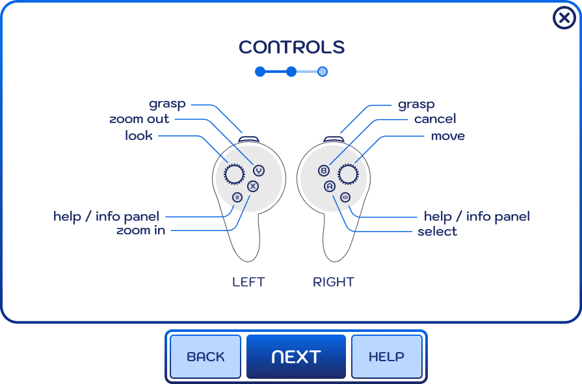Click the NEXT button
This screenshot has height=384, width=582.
coord(296,357)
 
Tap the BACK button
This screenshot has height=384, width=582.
coord(205,357)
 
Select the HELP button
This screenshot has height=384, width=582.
coord(386,357)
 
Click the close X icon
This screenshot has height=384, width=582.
coord(564,18)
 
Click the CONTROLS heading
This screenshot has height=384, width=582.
coord(291,48)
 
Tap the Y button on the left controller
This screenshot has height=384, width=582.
coord(259,171)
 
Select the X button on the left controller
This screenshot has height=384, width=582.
coord(253,186)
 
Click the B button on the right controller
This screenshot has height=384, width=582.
coord(324,171)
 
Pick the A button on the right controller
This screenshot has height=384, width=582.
coord(330,186)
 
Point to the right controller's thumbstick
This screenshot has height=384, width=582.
coord(349,174)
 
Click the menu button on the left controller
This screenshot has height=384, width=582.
coord(237,197)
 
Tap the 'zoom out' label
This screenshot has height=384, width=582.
coord(139,119)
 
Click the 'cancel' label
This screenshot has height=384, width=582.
coord(435,119)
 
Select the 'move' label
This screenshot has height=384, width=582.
coord(448,135)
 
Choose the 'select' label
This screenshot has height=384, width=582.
coord(437,232)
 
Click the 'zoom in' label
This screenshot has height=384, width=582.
coord(140,230)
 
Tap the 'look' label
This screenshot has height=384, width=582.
coord(139,135)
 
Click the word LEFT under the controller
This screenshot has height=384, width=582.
coord(248,282)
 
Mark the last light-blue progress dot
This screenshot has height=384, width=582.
coord(322,72)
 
